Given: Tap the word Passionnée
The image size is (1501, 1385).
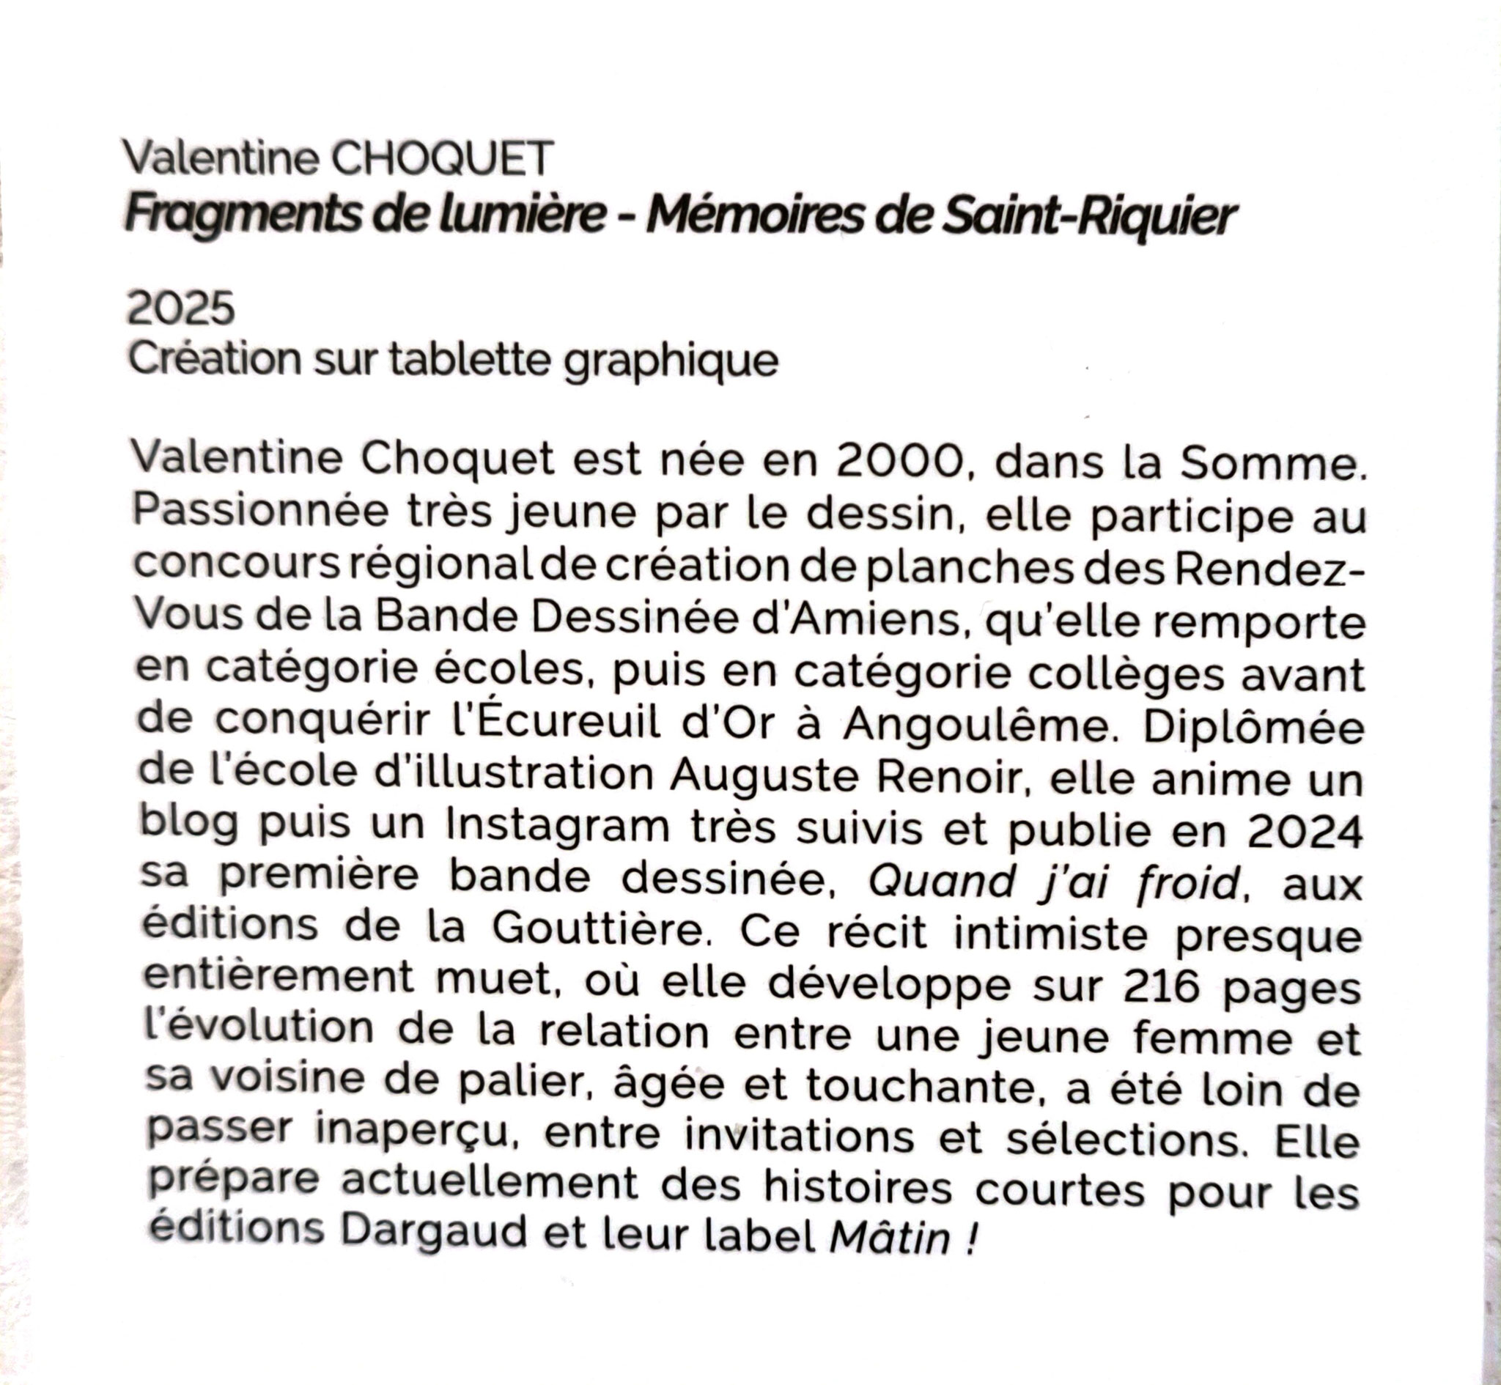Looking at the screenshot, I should click(x=261, y=512).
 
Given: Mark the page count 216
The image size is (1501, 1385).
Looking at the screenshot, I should click(x=1164, y=988).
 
